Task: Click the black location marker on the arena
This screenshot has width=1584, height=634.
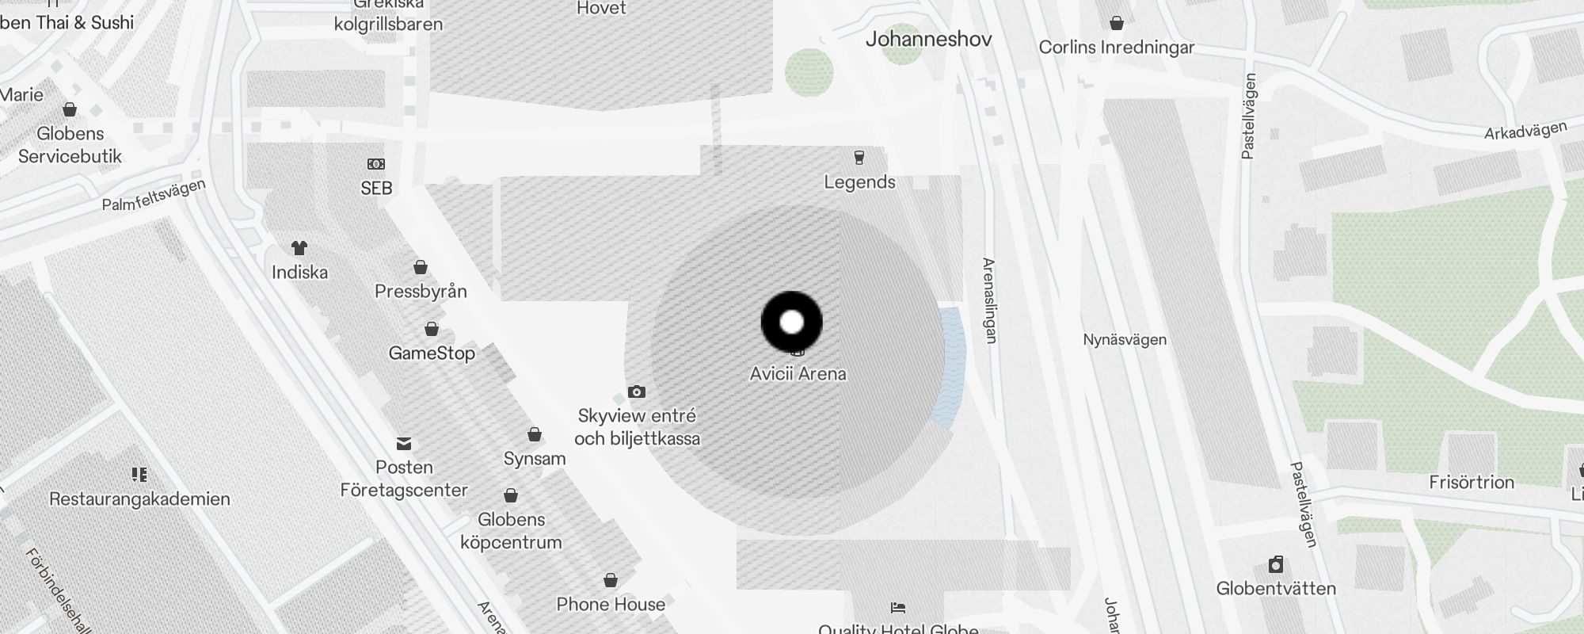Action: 791,322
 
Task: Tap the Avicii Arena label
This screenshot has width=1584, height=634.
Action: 798,373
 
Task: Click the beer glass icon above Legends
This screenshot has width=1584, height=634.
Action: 859,157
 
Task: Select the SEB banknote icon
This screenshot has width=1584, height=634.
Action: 376,164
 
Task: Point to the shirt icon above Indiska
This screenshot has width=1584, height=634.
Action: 299,248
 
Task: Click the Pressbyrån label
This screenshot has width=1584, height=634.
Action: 421,291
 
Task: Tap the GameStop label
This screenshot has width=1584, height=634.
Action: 432,353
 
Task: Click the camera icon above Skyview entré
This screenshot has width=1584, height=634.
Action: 636,391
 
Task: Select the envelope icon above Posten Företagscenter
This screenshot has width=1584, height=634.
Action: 404,443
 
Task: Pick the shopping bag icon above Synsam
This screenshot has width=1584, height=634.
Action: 535,434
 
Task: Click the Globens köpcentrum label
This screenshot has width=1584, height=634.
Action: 511,531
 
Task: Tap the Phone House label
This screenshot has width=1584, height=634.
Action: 611,604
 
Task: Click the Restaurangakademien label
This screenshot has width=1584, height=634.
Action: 139,498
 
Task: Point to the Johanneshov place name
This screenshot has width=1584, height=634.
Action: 928,39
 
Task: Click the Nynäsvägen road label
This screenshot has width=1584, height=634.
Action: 1125,339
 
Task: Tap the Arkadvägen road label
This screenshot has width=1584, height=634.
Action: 1525,131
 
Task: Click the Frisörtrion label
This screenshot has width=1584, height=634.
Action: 1472,482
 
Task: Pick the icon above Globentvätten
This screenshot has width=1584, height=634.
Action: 1275,564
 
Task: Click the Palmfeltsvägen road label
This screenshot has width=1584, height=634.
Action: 154,195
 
